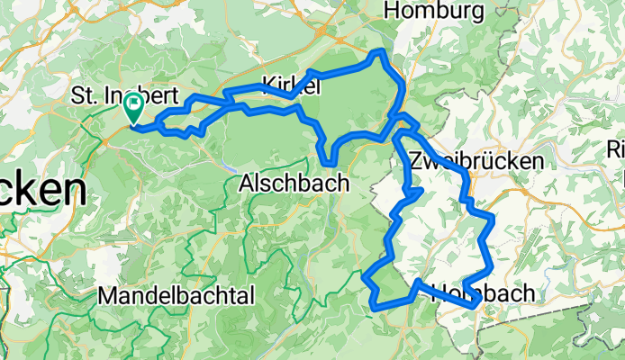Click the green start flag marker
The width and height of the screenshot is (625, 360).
[132, 108]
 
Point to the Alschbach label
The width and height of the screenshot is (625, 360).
[290, 184]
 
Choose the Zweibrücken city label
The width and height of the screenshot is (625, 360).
[476, 161]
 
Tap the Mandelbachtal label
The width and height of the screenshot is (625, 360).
[177, 295]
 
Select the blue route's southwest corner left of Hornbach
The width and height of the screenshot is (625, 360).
[374, 306]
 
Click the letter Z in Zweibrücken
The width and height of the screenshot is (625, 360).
[415, 161]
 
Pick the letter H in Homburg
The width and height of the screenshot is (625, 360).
[392, 11]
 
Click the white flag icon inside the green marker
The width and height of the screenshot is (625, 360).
[132, 104]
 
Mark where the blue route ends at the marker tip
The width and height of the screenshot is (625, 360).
[133, 124]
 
